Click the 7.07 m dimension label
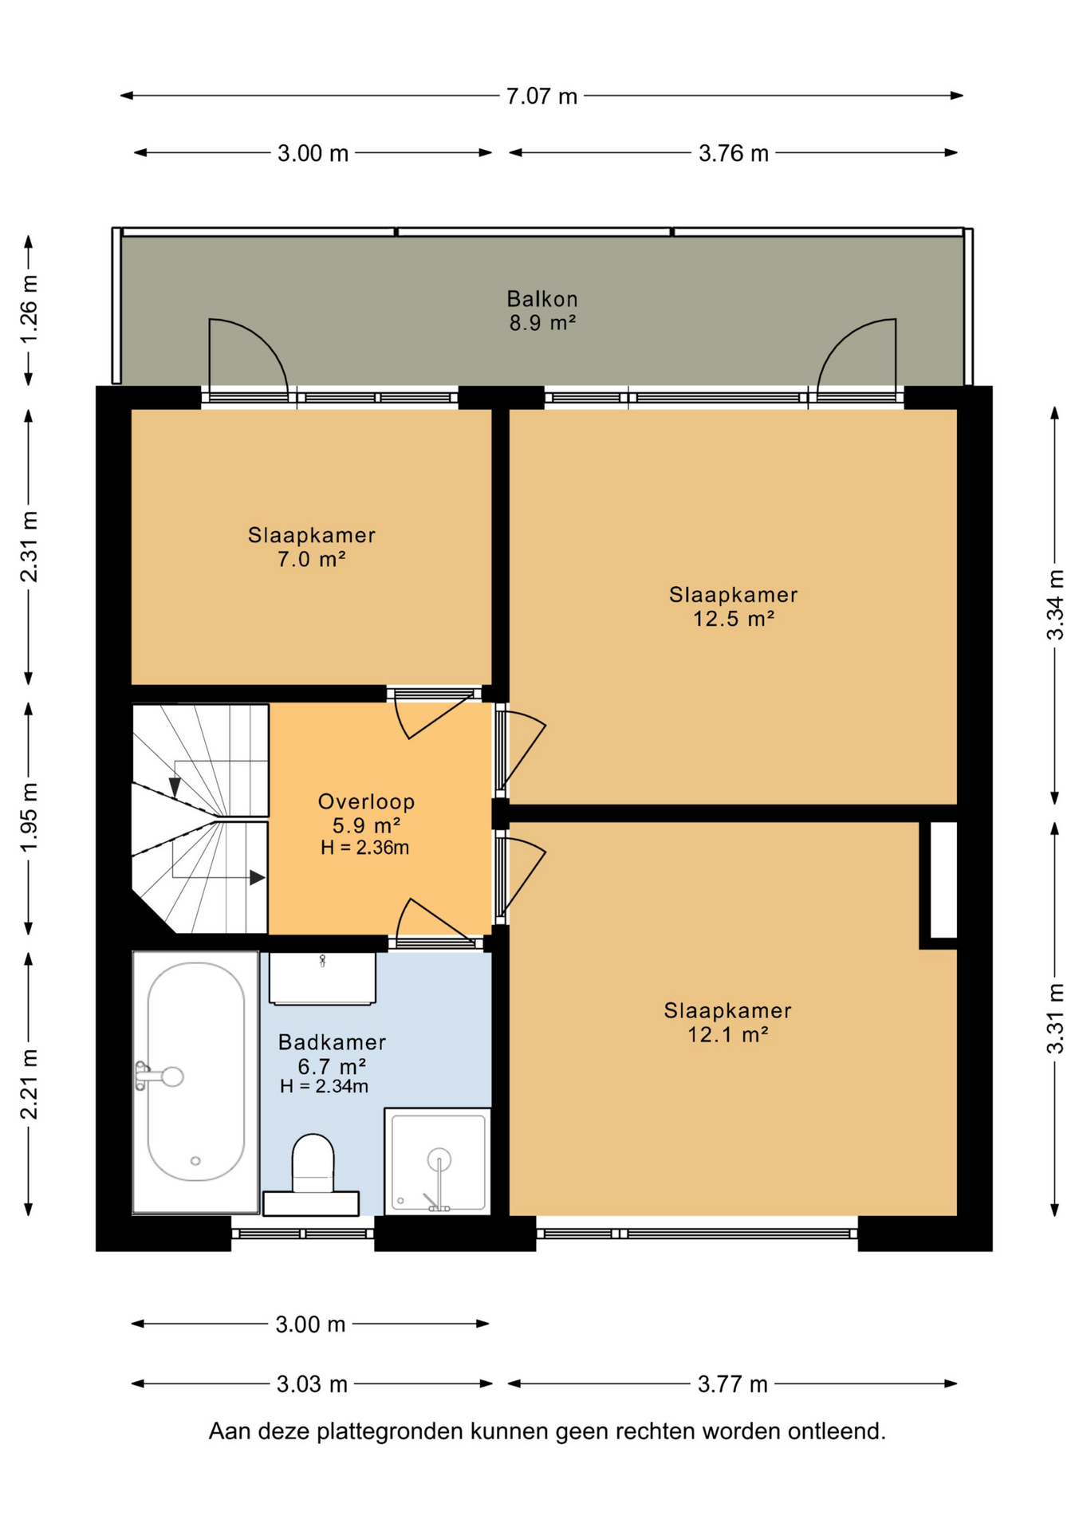541,96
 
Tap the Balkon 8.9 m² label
542,311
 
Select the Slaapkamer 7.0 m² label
311,547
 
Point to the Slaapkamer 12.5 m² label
733,606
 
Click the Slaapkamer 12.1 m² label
727,1022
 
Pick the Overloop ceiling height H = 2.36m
364,848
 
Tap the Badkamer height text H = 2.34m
324,1086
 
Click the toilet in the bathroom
312,1175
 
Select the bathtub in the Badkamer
195,1082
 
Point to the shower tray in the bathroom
437,1161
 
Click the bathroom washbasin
322,978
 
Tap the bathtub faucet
159,1076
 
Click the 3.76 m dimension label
734,153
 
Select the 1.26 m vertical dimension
30,309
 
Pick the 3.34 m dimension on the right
1055,605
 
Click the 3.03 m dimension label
312,1384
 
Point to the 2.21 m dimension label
30,1084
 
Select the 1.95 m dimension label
30,817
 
